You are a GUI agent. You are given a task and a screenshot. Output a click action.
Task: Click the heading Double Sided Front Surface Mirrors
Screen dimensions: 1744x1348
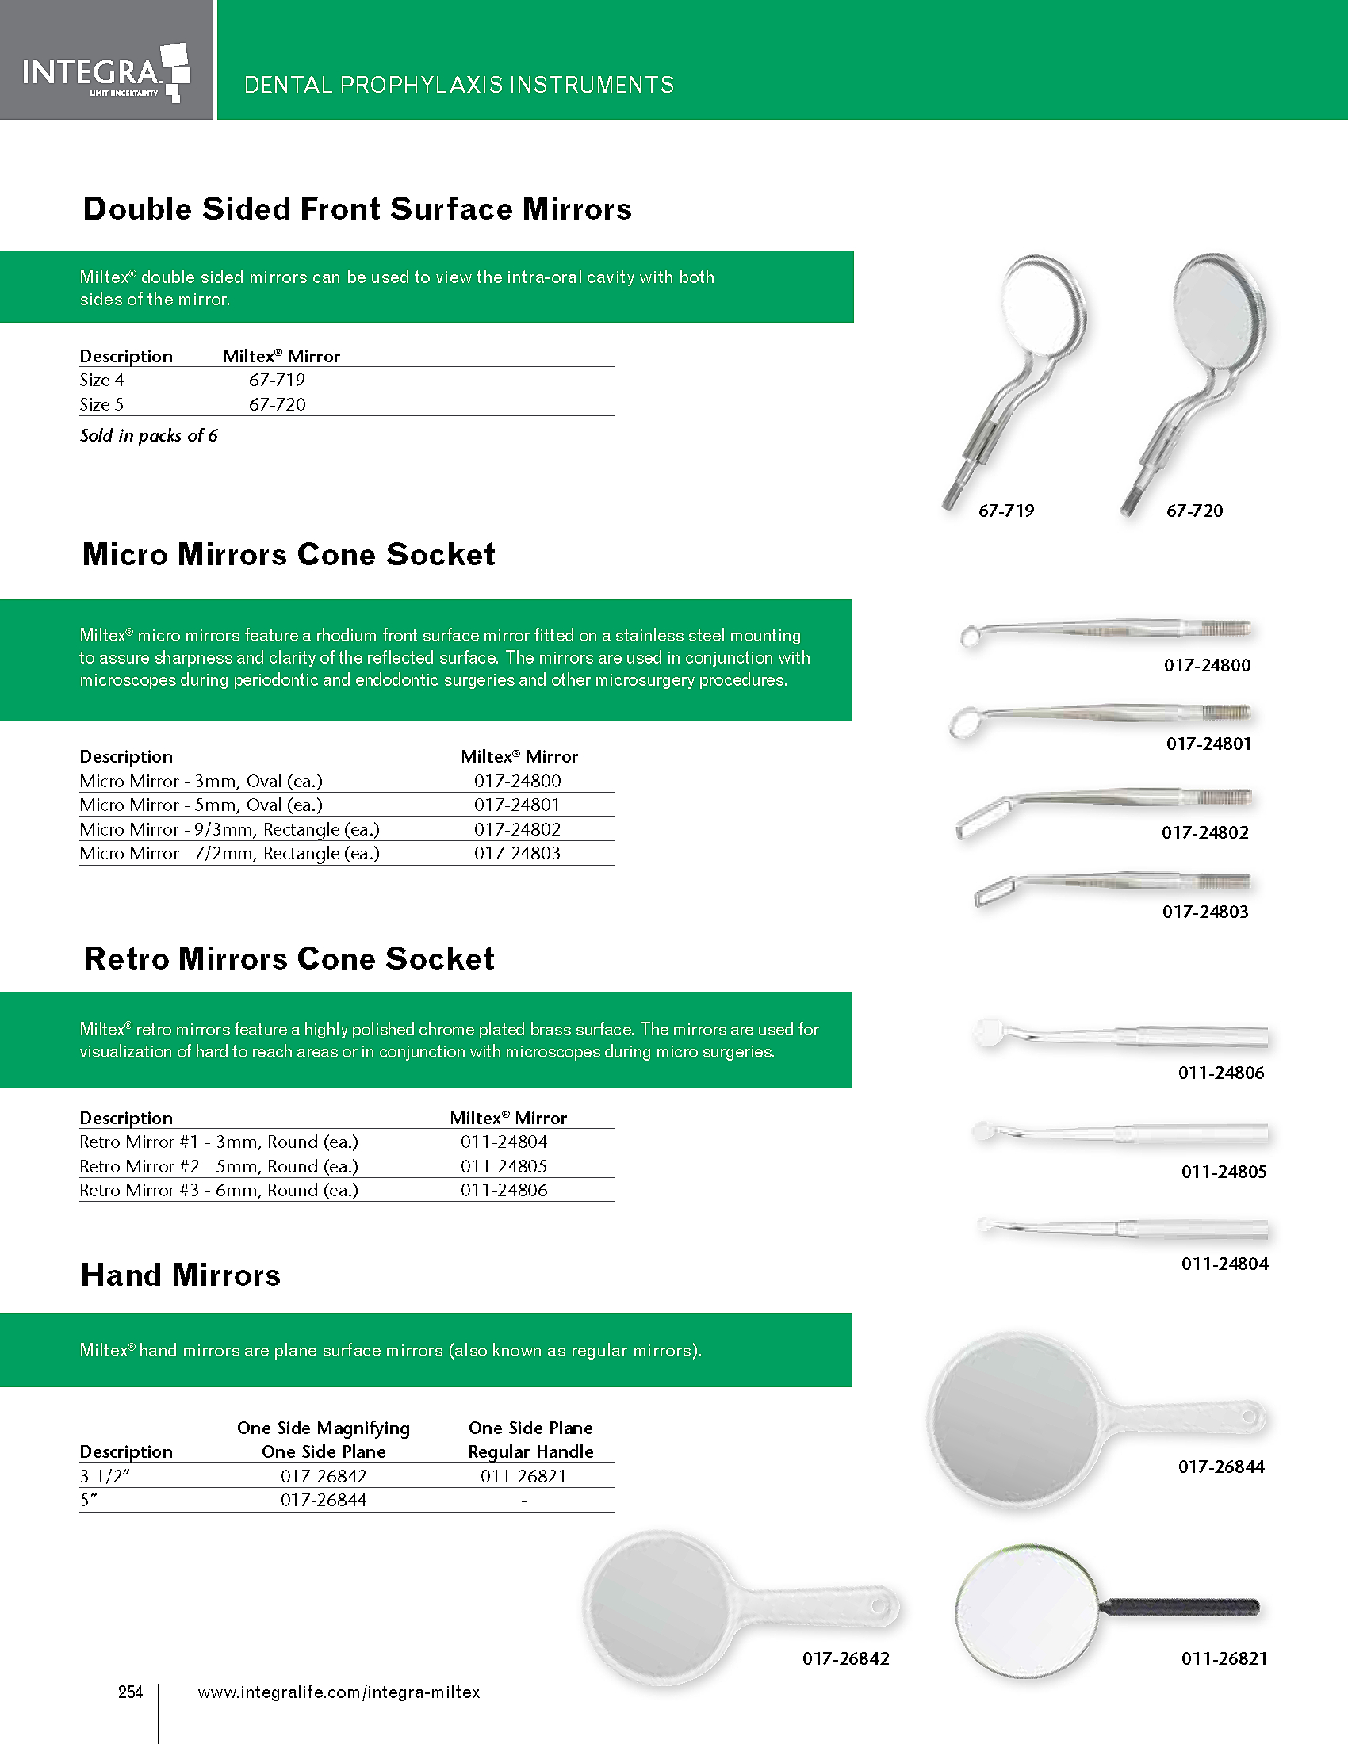(357, 209)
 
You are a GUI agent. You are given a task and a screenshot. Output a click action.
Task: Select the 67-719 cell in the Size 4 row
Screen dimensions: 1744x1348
(276, 380)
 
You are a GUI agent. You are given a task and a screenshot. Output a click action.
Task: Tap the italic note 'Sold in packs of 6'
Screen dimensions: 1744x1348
(148, 436)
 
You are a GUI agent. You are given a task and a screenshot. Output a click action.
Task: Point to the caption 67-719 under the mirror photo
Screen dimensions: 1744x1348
(1005, 511)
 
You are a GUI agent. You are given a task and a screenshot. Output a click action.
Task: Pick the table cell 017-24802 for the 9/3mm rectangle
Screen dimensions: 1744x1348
(517, 830)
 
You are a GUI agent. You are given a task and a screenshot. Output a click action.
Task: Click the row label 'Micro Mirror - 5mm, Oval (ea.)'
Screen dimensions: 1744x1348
(201, 805)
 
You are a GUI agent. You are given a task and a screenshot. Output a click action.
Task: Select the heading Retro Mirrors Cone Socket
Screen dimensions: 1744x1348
(289, 959)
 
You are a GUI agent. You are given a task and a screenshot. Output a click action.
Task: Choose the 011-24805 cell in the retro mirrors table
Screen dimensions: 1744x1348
(504, 1167)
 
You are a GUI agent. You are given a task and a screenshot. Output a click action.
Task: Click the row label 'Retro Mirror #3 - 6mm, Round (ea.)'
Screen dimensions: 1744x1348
(219, 1191)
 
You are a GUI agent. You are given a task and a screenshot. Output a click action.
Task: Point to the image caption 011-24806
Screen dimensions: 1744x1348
(1221, 1073)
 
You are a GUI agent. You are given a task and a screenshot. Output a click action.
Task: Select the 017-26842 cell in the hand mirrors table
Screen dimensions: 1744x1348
(324, 1477)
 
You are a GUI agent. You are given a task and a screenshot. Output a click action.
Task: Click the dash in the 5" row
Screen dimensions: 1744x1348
(523, 1501)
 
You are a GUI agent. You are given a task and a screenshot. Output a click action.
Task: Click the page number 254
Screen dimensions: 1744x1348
(130, 1692)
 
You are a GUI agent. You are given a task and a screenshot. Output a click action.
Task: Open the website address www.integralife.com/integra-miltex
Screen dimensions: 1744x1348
(339, 1692)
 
